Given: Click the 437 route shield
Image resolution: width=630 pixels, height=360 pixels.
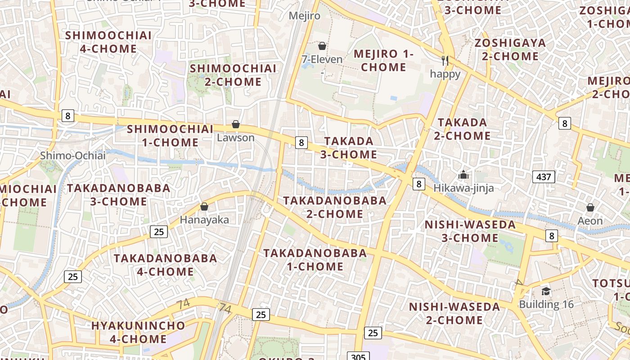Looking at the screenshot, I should click(x=544, y=177).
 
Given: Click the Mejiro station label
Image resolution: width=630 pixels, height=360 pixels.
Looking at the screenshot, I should click(x=305, y=16).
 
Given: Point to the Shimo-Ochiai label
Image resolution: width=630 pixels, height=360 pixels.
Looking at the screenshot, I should click(x=72, y=156).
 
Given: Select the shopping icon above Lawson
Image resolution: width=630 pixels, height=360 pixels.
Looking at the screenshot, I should click(x=236, y=124).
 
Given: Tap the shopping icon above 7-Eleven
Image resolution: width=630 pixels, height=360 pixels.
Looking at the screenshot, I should click(x=322, y=46).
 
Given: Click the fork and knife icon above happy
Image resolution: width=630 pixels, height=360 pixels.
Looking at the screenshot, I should click(x=445, y=61).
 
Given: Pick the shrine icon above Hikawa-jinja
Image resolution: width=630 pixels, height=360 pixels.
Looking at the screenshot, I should click(x=463, y=175).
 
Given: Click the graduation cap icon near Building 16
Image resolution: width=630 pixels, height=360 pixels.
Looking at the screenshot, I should click(x=546, y=291).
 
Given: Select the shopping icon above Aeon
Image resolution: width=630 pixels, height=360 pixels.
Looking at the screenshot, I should click(x=590, y=207).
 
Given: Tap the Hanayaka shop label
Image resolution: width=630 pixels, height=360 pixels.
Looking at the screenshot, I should click(x=204, y=220).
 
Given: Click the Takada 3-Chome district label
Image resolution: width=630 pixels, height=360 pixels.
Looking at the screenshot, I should click(x=349, y=148).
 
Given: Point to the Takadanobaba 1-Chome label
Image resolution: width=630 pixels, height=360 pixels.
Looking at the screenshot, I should click(x=315, y=260).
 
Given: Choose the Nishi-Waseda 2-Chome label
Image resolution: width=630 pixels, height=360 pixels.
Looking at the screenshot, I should click(x=454, y=313).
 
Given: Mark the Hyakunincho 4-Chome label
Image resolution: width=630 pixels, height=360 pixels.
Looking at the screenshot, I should click(x=138, y=332).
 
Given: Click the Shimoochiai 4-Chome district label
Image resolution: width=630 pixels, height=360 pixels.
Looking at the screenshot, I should click(x=108, y=42).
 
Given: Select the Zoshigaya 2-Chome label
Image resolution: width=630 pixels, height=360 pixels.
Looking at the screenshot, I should click(x=510, y=49).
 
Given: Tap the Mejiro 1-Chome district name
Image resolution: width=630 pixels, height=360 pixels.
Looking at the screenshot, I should click(x=383, y=60).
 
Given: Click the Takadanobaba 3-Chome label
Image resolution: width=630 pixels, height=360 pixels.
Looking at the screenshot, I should click(x=119, y=194).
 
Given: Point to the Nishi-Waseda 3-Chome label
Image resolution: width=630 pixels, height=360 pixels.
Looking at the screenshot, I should click(x=470, y=231).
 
